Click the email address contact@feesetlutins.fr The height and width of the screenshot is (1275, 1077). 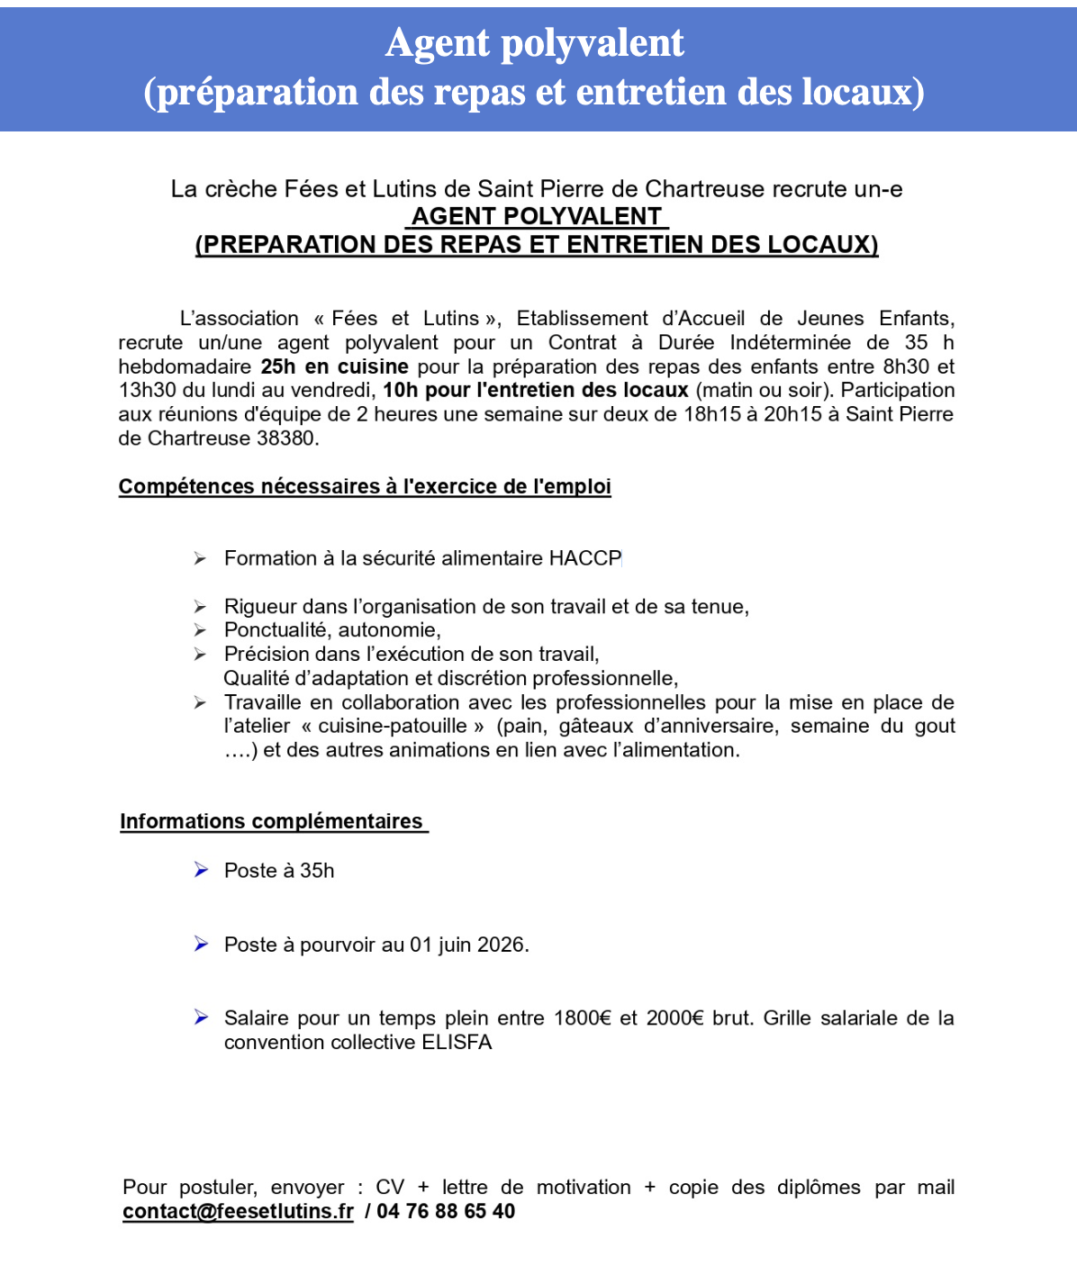tap(238, 1212)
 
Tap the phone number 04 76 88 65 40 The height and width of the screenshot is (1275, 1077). tap(446, 1212)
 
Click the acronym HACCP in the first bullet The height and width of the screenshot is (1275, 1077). tap(584, 559)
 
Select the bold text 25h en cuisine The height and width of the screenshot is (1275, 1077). tap(334, 366)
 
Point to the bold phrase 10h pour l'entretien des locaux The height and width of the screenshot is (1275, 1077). tap(535, 391)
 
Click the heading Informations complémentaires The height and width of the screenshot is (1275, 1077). tap(271, 822)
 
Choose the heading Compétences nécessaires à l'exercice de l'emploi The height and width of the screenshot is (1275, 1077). tap(365, 487)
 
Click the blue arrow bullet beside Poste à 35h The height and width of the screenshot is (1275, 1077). tap(201, 870)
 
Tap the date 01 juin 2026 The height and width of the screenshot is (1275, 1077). tap(467, 945)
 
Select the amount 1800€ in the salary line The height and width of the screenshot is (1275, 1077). tap(582, 1018)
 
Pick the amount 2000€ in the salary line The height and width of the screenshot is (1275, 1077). tap(674, 1018)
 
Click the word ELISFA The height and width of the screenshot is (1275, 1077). tap(457, 1043)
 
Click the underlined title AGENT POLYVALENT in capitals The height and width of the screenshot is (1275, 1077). tap(537, 217)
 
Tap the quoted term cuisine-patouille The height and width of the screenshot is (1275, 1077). tap(393, 727)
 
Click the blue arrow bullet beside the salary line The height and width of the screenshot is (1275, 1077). tap(201, 1017)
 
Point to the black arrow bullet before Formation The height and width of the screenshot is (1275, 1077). tap(200, 559)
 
